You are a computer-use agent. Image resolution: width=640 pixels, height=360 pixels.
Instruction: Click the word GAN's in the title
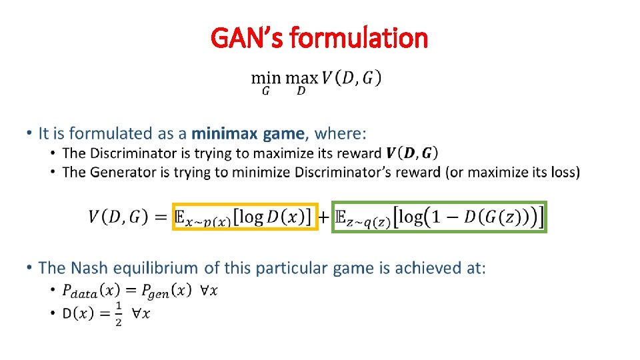coord(247,38)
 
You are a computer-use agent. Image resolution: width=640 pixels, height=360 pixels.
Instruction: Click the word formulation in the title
coord(359,38)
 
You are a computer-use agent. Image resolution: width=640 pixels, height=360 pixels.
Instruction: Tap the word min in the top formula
coord(265,78)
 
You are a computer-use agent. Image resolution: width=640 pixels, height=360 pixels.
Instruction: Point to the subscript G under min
coord(265,91)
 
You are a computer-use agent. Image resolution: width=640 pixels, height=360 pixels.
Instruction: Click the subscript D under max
coord(301,91)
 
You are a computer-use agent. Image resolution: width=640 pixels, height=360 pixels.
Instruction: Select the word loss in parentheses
coord(564,172)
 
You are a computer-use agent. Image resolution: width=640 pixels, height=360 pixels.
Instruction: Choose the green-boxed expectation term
coord(439,217)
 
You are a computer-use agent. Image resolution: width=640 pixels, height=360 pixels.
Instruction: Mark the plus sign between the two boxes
coord(323,217)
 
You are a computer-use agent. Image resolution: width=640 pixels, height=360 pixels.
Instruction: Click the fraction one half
coord(118,313)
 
